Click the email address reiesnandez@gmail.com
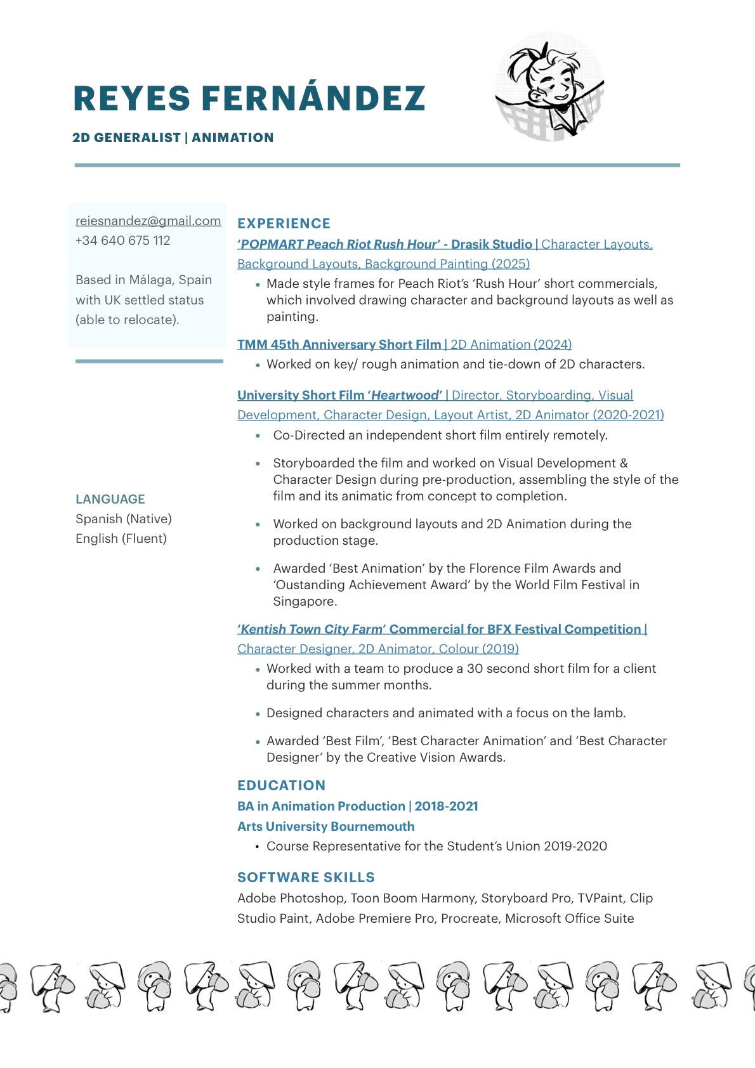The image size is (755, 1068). click(148, 221)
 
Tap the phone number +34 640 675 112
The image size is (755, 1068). click(122, 240)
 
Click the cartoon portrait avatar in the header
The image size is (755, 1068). click(549, 87)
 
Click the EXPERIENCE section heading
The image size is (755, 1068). click(284, 223)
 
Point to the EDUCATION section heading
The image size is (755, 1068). click(281, 785)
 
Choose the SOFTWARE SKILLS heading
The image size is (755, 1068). click(306, 877)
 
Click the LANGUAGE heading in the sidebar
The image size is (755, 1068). click(110, 499)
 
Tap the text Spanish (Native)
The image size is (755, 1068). click(124, 519)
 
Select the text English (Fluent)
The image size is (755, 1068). click(121, 538)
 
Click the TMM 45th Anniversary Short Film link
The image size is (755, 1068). click(339, 344)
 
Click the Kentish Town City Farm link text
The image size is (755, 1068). click(312, 629)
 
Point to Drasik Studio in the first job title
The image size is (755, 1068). click(491, 244)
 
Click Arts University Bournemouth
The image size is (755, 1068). click(325, 826)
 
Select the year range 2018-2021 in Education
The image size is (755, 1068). click(446, 806)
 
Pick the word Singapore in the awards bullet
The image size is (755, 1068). click(305, 601)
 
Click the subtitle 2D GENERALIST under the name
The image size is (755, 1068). click(126, 138)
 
